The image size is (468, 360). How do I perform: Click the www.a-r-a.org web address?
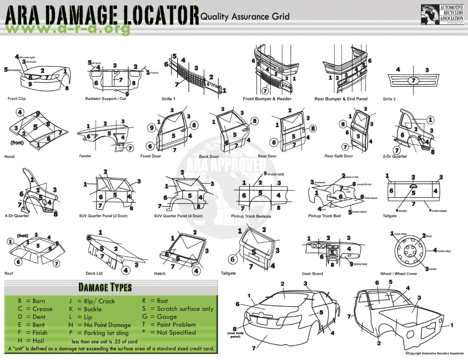(68, 28)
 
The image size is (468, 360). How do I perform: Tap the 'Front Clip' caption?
(17, 98)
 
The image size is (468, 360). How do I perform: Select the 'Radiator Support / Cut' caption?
(105, 99)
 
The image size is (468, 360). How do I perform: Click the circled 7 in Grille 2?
(413, 81)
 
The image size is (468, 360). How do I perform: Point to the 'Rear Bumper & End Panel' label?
(341, 99)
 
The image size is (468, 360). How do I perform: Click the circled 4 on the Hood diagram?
(20, 112)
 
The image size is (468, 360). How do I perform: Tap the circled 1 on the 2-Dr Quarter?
(431, 120)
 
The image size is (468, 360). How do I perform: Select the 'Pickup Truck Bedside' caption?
(251, 216)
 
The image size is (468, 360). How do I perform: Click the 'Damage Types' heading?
(105, 287)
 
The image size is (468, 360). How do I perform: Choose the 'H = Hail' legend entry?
(31, 341)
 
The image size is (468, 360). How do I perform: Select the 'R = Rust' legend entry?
(155, 301)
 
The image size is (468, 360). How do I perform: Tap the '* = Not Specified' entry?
(169, 332)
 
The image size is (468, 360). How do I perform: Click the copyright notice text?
(435, 353)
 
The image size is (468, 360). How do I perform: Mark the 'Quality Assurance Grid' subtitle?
(245, 17)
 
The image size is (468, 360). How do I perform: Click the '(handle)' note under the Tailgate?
(403, 211)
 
